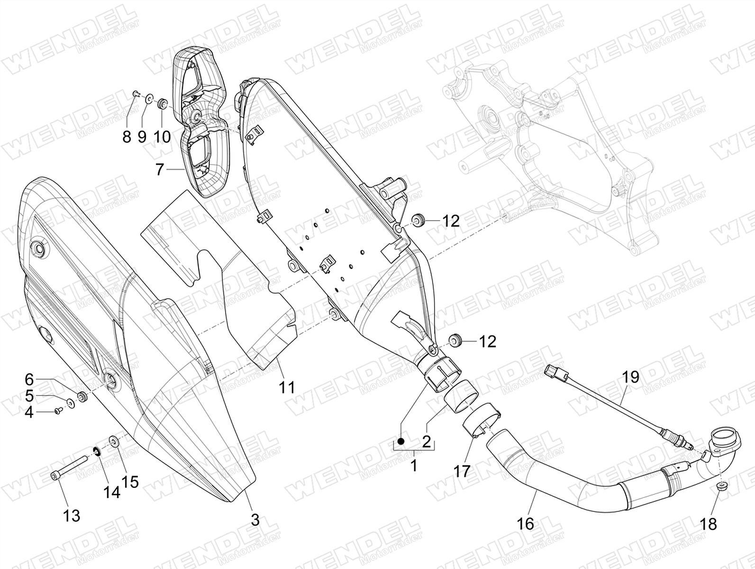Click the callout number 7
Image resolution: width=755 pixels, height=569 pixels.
(x=160, y=170)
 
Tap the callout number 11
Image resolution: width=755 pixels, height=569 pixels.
(x=287, y=388)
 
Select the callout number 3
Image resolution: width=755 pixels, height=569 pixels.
(x=255, y=520)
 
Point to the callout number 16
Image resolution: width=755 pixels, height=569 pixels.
(x=526, y=524)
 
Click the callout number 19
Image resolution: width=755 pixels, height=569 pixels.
(x=630, y=377)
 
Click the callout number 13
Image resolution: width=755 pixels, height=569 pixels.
(x=72, y=516)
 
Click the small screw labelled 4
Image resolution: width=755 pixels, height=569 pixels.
(x=58, y=411)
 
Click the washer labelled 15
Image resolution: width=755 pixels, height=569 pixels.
(x=113, y=441)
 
